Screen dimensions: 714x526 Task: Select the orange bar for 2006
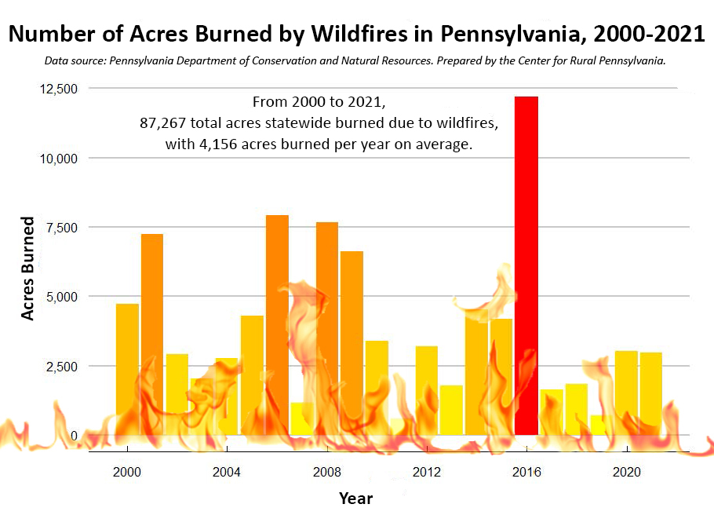(x=277, y=325)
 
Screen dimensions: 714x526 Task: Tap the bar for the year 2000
(x=127, y=369)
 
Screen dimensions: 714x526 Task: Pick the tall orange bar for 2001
(x=152, y=334)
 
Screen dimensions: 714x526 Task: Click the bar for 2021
(x=651, y=394)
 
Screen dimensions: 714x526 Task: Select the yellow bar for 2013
(x=451, y=411)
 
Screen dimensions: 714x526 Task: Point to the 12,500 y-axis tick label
(x=59, y=89)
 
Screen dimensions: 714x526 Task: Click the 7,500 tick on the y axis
(x=62, y=228)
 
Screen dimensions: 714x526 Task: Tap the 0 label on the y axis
(x=74, y=436)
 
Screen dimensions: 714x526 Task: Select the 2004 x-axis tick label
(x=227, y=472)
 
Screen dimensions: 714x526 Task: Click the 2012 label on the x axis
(x=427, y=472)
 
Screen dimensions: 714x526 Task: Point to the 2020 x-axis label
(x=627, y=472)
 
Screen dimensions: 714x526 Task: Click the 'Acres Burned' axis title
(x=27, y=268)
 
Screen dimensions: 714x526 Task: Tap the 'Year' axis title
(x=355, y=499)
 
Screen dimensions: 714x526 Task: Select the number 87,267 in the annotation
(x=162, y=123)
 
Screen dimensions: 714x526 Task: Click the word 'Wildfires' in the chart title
(x=359, y=33)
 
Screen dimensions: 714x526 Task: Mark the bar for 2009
(x=352, y=343)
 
